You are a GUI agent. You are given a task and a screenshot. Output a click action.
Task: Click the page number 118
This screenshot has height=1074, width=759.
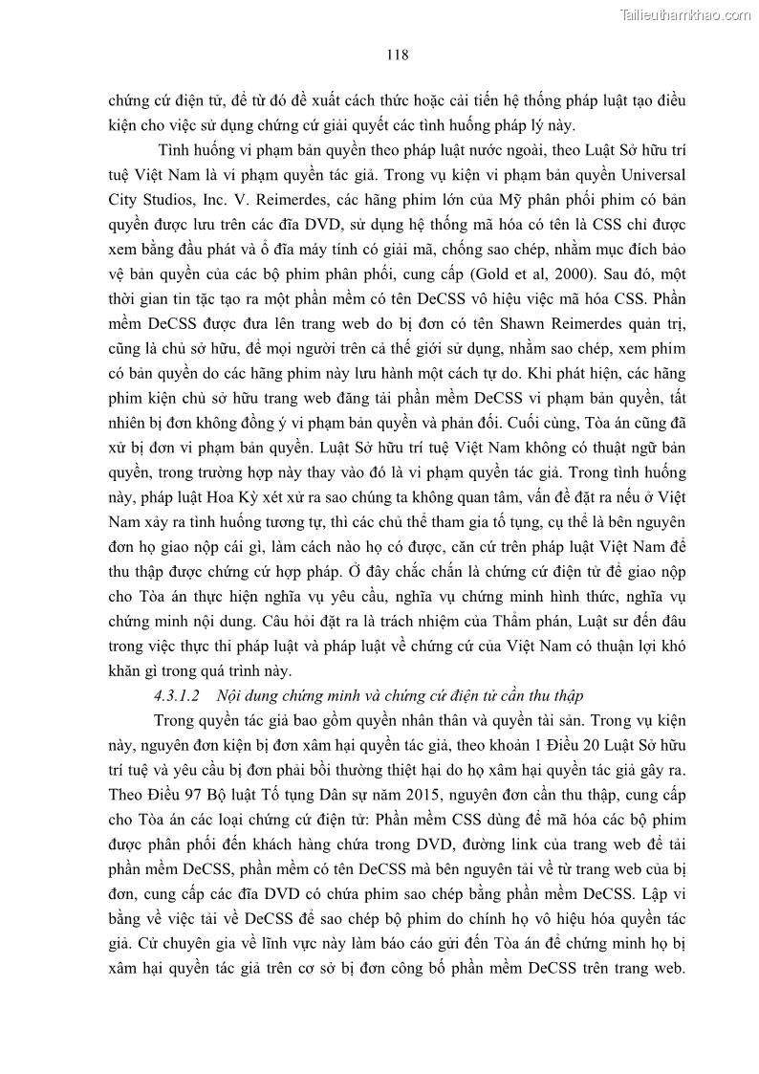click(398, 55)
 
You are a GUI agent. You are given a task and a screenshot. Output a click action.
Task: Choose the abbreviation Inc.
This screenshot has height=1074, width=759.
click(217, 201)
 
